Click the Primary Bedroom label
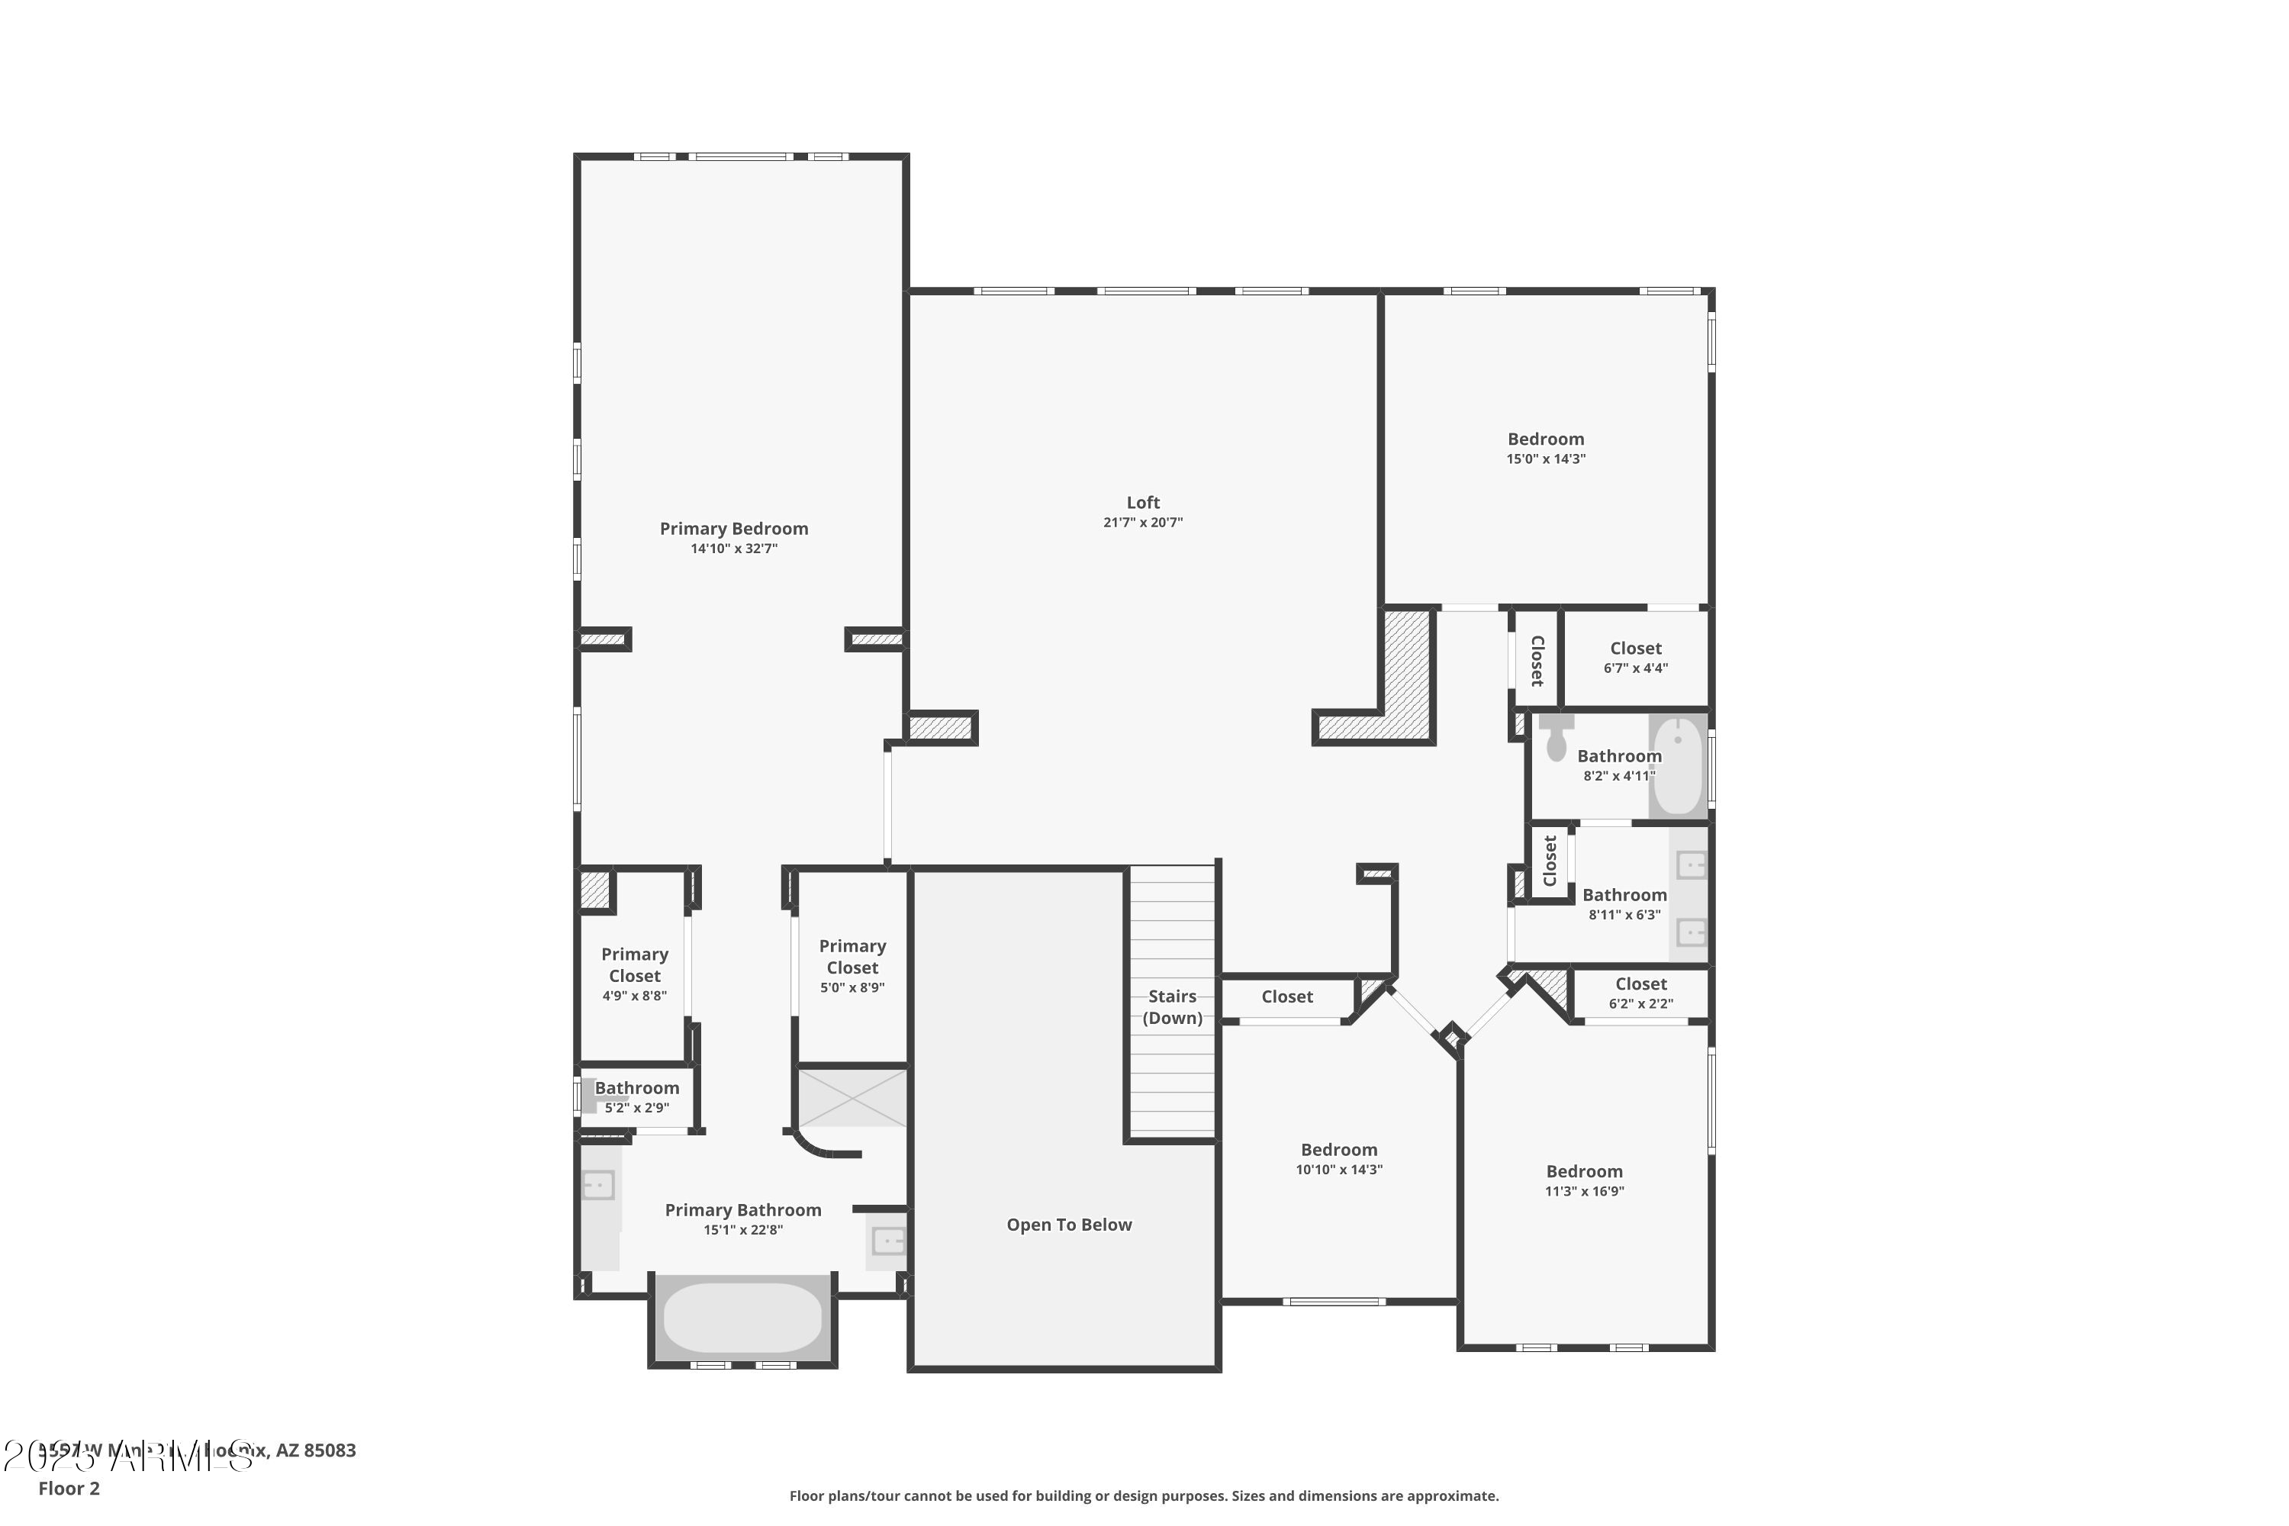click(x=734, y=529)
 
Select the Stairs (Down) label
click(x=1172, y=1006)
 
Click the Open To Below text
click(x=1069, y=1225)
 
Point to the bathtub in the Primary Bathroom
click(x=742, y=1317)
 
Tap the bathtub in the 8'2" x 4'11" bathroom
click(x=1678, y=766)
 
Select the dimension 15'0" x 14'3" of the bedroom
click(x=1546, y=459)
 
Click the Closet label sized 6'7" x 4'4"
click(x=1635, y=648)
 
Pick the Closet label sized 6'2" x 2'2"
click(x=1641, y=984)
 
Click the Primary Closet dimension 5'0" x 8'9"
click(x=852, y=988)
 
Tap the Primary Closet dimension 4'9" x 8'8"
click(x=635, y=996)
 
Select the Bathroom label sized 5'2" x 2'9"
click(x=636, y=1088)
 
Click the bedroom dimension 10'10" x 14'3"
click(x=1338, y=1170)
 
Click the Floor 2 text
click(x=69, y=1488)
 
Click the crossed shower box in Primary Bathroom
click(x=852, y=1097)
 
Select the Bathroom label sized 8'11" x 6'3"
click(x=1624, y=894)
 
